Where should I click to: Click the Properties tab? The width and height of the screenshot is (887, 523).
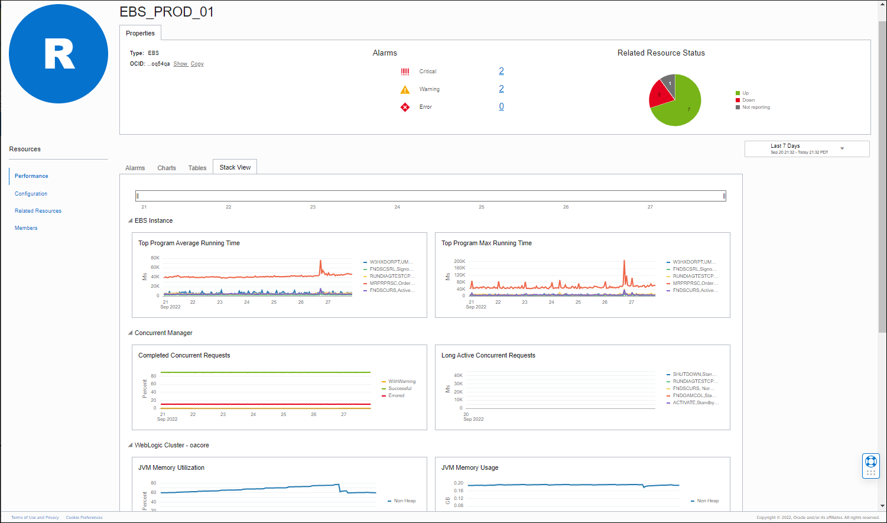[140, 34]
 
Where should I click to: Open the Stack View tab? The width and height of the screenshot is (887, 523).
[235, 168]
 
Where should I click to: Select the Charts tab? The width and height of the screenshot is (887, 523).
[167, 168]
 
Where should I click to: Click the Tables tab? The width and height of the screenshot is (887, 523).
[197, 168]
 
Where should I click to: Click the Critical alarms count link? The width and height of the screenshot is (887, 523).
[501, 72]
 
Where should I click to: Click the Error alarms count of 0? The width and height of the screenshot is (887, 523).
[501, 107]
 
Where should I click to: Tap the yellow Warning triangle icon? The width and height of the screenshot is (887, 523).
[405, 90]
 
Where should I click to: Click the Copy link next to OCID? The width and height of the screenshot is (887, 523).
[197, 64]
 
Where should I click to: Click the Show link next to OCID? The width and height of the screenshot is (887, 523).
[180, 64]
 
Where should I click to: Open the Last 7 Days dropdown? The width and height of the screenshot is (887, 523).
[807, 149]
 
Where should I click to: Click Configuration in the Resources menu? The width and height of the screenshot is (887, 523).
[31, 194]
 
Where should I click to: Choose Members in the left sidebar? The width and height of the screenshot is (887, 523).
[26, 228]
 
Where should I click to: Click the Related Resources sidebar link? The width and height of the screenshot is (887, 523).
[38, 211]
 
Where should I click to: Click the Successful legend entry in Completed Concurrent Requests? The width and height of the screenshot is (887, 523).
[399, 389]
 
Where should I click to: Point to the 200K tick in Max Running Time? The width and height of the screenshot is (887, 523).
[459, 261]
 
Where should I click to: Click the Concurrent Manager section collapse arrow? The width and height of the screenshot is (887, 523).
[131, 333]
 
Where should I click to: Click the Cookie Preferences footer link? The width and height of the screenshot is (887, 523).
[85, 518]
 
